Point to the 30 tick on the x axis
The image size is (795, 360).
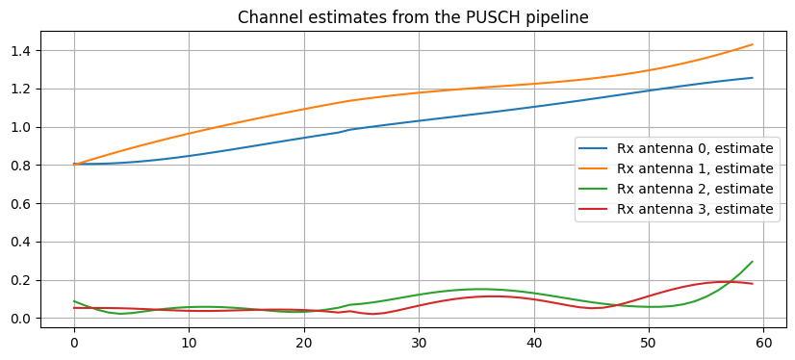(x=419, y=342)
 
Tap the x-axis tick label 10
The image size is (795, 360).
(x=189, y=342)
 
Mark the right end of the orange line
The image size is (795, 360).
(x=753, y=44)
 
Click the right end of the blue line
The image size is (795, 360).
(x=753, y=78)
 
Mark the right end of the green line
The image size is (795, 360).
(x=753, y=262)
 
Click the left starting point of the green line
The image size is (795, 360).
(x=74, y=301)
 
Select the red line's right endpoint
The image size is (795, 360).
(x=753, y=284)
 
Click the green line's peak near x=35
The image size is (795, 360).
(x=478, y=289)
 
